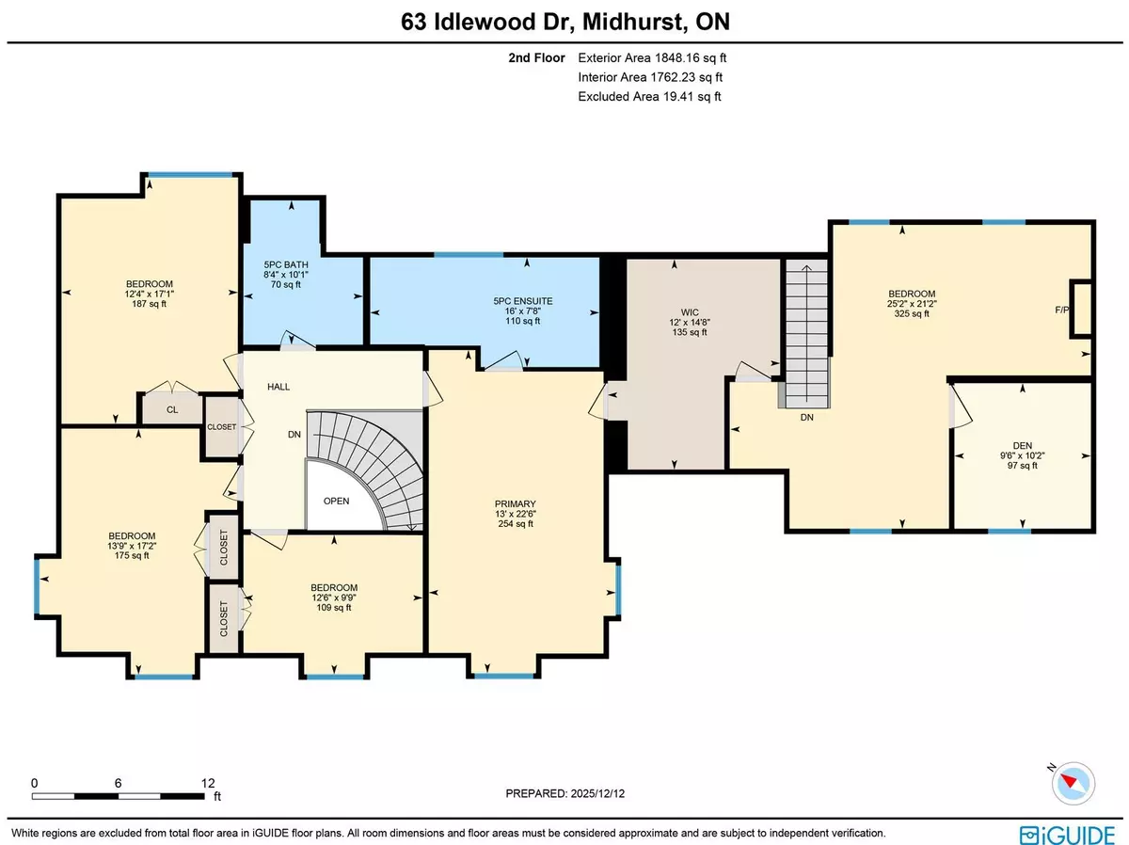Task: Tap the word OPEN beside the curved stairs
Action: click(x=336, y=501)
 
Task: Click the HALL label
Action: click(x=278, y=386)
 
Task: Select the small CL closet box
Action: click(x=172, y=409)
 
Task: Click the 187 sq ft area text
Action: click(x=150, y=304)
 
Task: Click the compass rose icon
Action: click(x=1073, y=781)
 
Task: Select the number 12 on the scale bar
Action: click(x=208, y=782)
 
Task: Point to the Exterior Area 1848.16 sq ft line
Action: click(x=653, y=56)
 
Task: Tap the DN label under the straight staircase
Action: click(x=806, y=417)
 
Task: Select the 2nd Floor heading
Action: click(x=534, y=56)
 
